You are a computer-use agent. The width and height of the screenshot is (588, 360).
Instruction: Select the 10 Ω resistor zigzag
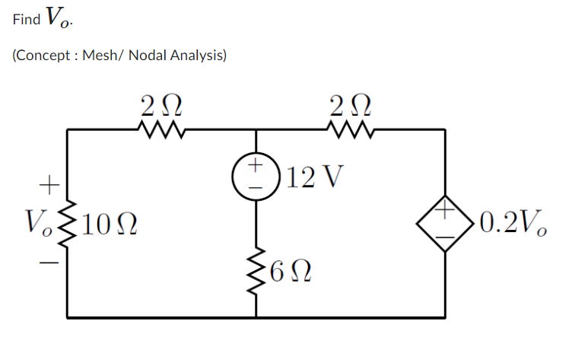(x=69, y=222)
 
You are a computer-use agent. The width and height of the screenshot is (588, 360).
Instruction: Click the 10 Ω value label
(x=106, y=223)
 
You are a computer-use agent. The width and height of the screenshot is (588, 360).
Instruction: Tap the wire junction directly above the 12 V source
(x=256, y=130)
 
